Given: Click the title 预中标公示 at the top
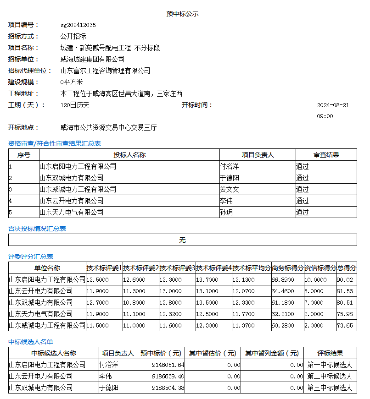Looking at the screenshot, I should click(182, 14).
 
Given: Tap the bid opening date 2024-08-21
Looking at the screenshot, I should click(333, 105).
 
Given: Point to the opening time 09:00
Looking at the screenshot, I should click(325, 116).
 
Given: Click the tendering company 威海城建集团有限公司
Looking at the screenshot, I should click(92, 59).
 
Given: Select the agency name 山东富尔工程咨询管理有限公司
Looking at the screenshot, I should click(105, 71).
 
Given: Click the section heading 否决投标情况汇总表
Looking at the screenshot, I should click(37, 229).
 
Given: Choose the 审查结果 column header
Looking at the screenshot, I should click(326, 155).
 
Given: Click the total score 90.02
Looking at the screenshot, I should click(345, 279).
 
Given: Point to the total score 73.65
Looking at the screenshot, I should click(345, 325).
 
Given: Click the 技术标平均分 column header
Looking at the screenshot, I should click(251, 268).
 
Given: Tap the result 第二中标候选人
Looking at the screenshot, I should click(330, 377).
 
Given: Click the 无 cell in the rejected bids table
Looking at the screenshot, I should click(182, 240).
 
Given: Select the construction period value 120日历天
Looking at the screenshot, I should click(75, 105).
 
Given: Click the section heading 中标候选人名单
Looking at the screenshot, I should click(31, 342).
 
